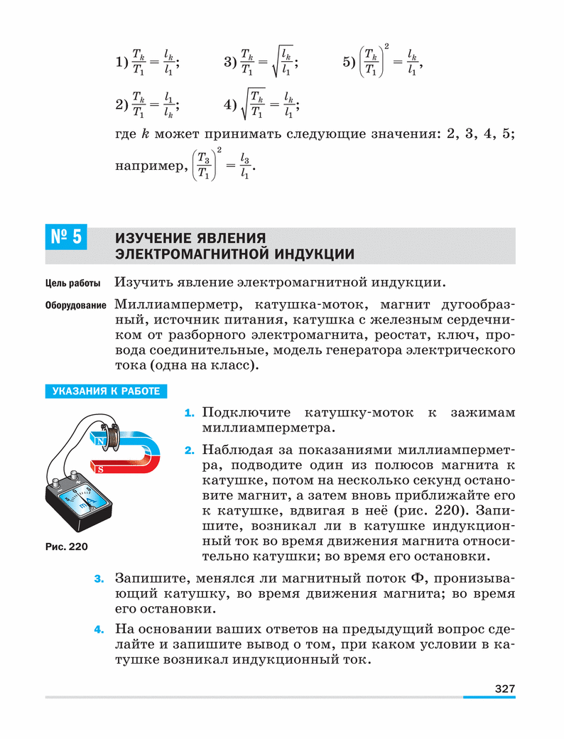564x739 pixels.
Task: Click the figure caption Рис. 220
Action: (x=65, y=546)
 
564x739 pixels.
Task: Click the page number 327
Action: (x=504, y=688)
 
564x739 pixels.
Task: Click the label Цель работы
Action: (x=73, y=284)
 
